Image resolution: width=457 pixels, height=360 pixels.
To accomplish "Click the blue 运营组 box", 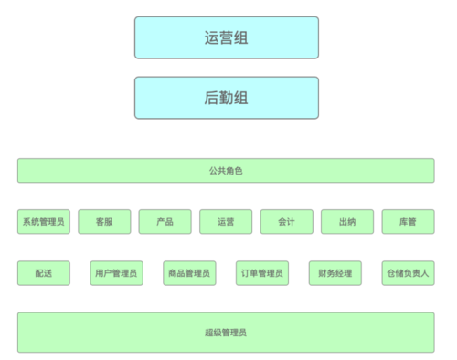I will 226,37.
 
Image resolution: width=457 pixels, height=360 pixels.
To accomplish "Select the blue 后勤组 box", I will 226,98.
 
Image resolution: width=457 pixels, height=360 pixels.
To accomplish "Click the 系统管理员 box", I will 43,222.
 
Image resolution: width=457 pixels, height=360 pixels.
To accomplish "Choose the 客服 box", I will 104,222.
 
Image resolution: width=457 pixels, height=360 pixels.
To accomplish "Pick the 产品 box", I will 165,222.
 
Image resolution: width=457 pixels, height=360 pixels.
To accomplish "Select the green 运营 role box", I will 226,222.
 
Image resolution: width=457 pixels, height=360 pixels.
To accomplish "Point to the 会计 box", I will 286,222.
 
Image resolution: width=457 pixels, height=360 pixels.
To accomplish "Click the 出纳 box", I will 347,222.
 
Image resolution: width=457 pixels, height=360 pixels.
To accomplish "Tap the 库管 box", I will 408,222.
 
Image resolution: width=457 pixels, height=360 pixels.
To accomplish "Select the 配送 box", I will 43,273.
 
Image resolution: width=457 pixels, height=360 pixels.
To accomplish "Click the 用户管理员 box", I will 116,273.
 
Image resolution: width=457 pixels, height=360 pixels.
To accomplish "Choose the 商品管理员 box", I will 189,273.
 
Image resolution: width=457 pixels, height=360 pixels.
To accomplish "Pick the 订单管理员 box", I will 262,273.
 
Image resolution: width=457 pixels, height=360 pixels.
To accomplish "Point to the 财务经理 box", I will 335,273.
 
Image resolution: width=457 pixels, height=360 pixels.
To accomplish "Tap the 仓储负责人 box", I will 408,273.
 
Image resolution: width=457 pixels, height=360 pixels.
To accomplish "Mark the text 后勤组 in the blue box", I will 226,98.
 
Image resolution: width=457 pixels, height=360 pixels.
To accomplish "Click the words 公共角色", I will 226,171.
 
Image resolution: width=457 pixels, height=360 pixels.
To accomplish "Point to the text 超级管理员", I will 226,332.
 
